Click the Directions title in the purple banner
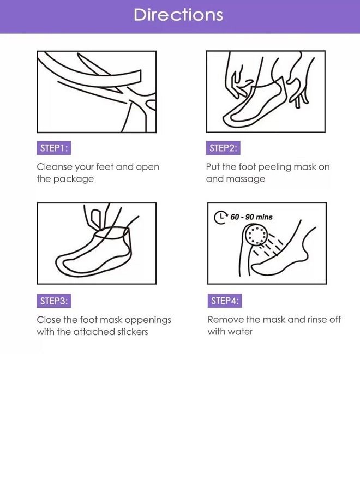pos(178,15)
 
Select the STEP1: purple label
pos(53,148)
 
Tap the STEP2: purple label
pos(223,148)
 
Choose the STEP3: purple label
pos(53,301)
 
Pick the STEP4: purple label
pos(224,301)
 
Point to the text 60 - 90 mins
pos(251,217)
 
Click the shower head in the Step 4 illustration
pos(255,236)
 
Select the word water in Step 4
pos(240,332)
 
